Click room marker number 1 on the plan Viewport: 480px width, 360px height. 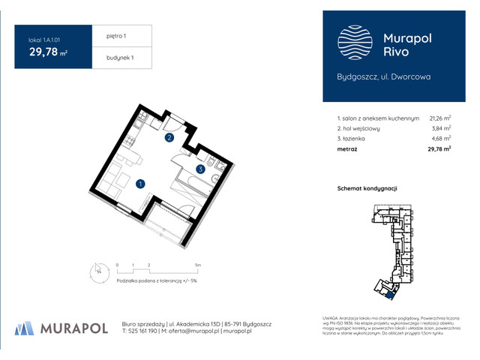click(140, 183)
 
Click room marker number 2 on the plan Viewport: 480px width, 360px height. click(170, 138)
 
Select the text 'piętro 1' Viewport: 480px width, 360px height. click(109, 35)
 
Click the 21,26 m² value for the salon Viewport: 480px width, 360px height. click(439, 118)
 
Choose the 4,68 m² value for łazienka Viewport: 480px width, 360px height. click(441, 139)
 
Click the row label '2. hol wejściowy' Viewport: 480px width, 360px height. click(358, 128)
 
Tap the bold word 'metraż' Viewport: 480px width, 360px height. click(347, 149)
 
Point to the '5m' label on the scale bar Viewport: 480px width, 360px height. click(196, 265)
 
